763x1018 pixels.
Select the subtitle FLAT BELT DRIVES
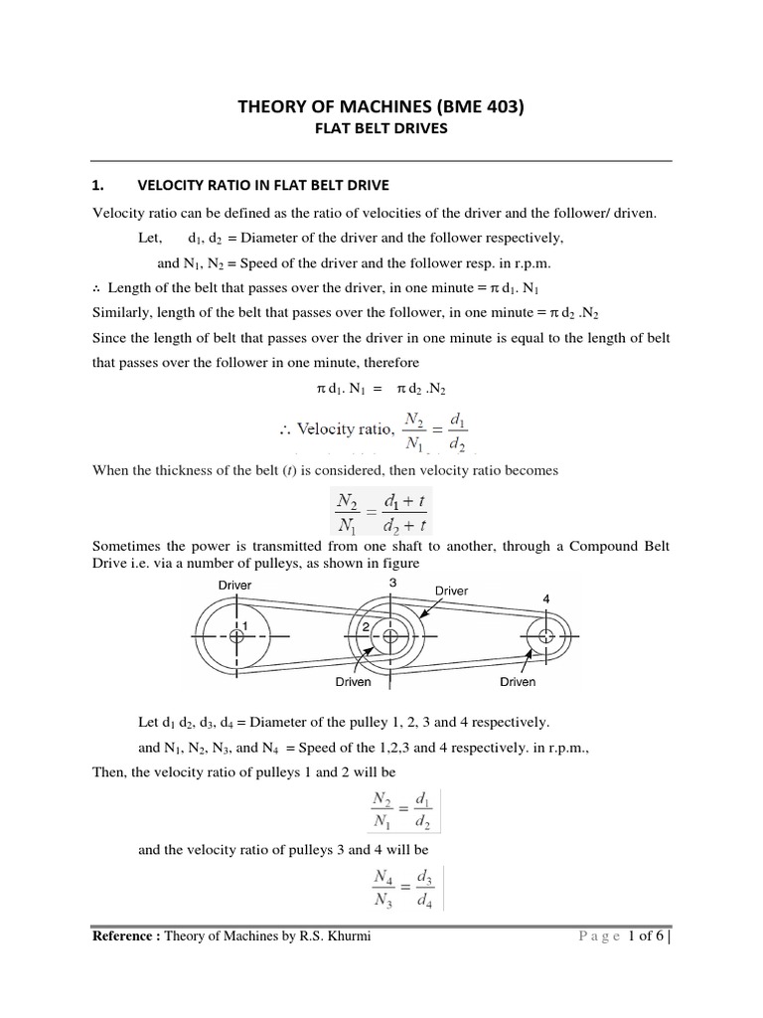381,129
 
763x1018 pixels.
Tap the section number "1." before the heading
97,185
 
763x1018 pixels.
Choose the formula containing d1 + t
382,506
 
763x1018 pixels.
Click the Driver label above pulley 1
235,586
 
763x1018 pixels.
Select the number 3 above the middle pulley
392,583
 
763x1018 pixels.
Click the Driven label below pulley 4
518,682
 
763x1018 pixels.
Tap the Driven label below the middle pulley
353,682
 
